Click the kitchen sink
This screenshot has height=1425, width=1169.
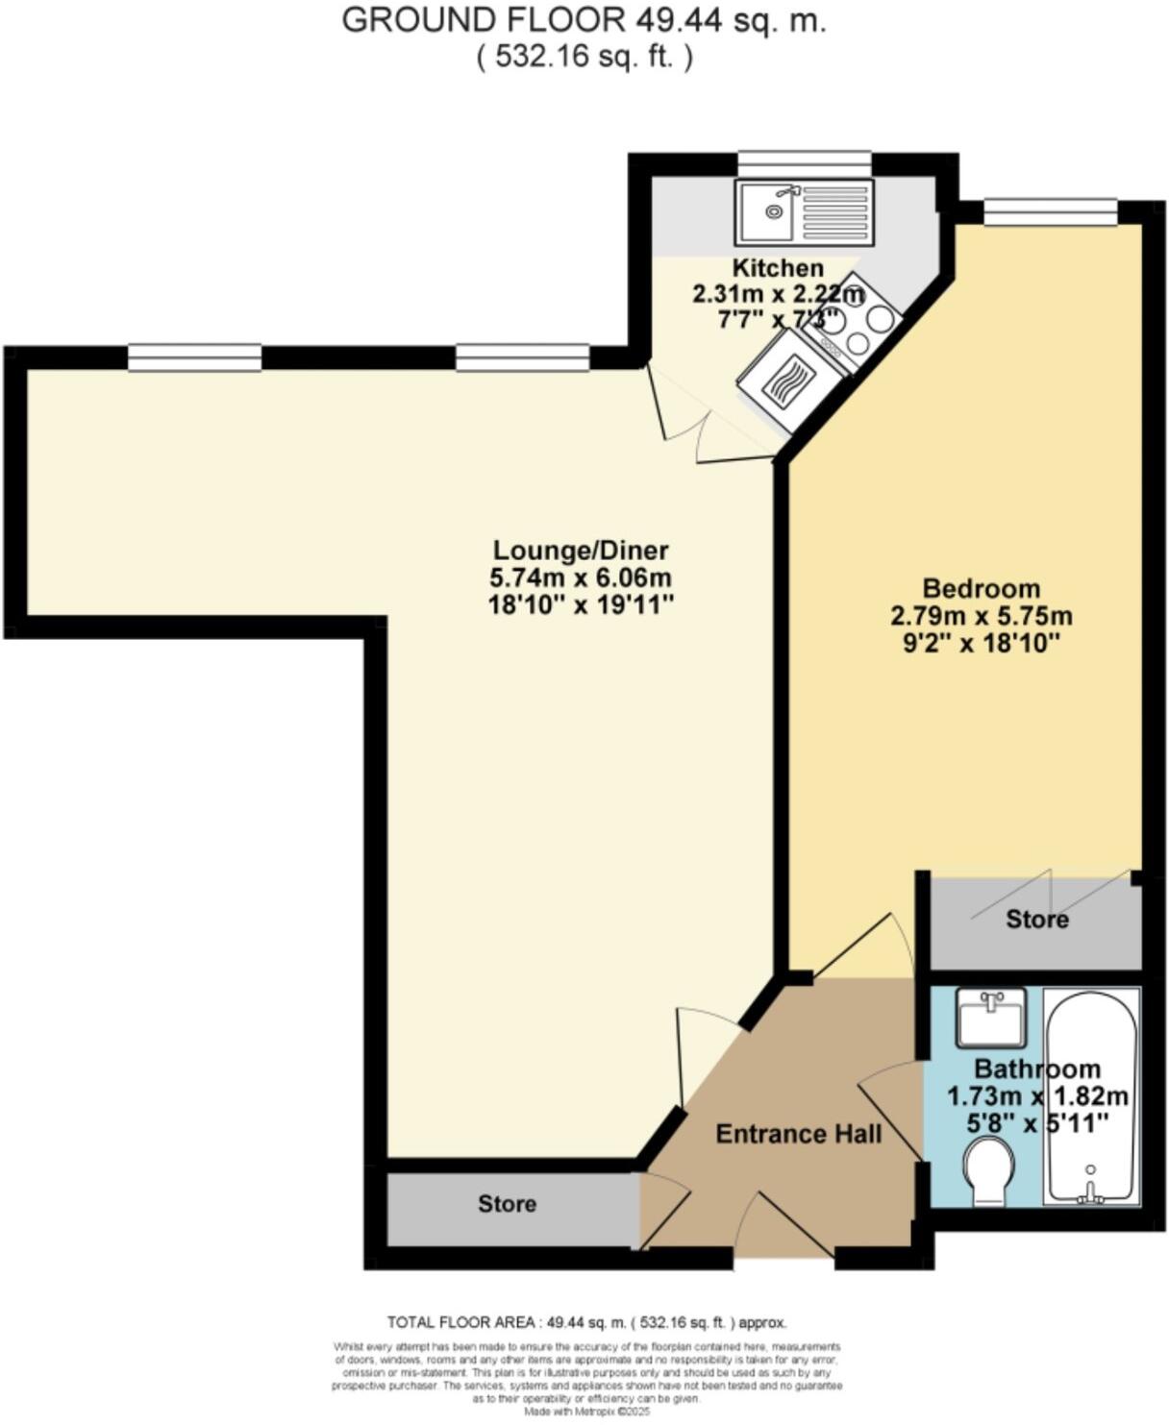point(804,211)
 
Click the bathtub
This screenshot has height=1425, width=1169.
point(1091,1095)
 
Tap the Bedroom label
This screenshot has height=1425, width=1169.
point(981,588)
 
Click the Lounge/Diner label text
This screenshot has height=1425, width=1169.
point(581,551)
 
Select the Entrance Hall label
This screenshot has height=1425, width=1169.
point(798,1135)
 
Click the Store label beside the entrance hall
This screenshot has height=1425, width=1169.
point(507,1204)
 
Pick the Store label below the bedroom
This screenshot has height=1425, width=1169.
point(1036,920)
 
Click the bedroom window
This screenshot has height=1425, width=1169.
point(1050,212)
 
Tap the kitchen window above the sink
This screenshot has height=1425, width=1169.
point(804,164)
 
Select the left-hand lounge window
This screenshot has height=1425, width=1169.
point(194,357)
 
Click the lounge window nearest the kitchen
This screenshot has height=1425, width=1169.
point(522,357)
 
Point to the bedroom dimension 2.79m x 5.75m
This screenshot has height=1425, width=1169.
point(981,616)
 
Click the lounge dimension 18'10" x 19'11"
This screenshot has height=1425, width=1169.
point(581,605)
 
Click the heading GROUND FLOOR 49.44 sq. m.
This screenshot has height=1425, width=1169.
point(584,21)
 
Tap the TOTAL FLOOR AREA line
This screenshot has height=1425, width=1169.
point(586,1322)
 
